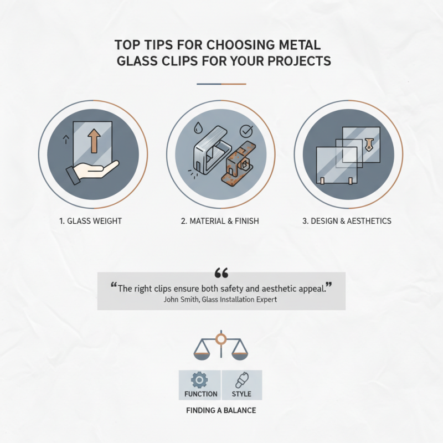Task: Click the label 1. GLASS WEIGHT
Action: [90, 221]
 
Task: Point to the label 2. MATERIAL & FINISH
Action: [220, 221]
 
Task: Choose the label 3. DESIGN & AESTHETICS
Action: [347, 221]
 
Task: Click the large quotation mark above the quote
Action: [221, 273]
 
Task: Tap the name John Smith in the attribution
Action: [182, 300]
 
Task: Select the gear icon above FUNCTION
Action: [200, 380]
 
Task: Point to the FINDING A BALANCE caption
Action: [221, 411]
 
